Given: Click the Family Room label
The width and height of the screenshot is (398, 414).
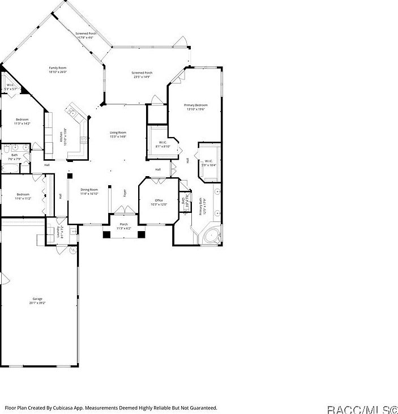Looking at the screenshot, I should (x=58, y=68).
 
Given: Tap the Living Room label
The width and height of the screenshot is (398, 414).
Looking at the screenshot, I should (x=118, y=133).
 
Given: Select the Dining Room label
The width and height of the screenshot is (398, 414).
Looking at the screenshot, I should (x=89, y=190).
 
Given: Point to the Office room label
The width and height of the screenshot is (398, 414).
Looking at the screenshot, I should (x=159, y=200).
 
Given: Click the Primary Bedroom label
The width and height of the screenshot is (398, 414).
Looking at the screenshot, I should (x=195, y=105).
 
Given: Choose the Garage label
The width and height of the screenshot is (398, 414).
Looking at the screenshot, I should (x=37, y=298).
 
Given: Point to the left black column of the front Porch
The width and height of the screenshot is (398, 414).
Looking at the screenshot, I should (x=106, y=234).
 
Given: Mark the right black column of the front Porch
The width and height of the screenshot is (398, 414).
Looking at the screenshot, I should (x=142, y=234).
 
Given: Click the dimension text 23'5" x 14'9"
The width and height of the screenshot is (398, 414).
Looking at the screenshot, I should (x=142, y=77).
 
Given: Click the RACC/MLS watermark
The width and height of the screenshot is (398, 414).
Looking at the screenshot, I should (x=363, y=408).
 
